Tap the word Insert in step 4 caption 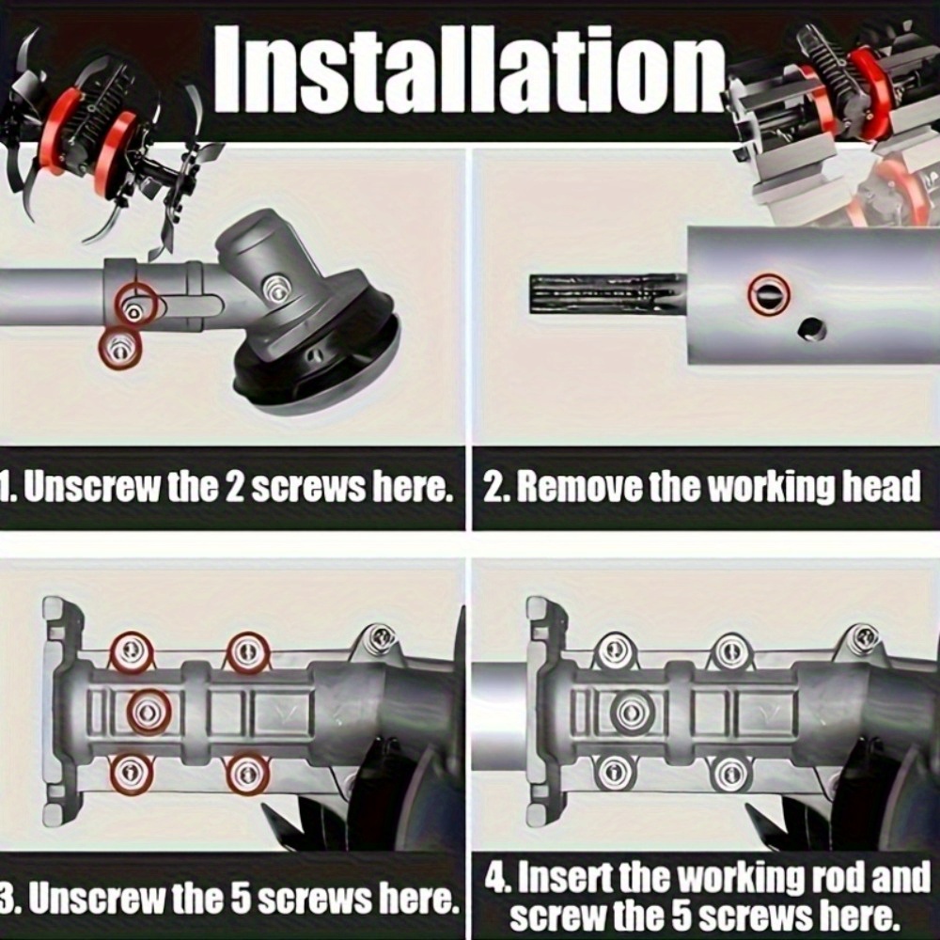coord(565,878)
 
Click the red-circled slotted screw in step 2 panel coord(769,294)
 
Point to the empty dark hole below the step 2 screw coord(813,329)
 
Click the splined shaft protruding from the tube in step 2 coord(608,293)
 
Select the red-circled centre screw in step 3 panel coord(149,713)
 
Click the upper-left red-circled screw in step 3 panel coord(130,652)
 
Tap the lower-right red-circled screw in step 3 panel coord(247,775)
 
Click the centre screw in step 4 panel coord(630,712)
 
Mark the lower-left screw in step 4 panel coord(613,774)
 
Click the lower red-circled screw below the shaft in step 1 coord(120,348)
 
